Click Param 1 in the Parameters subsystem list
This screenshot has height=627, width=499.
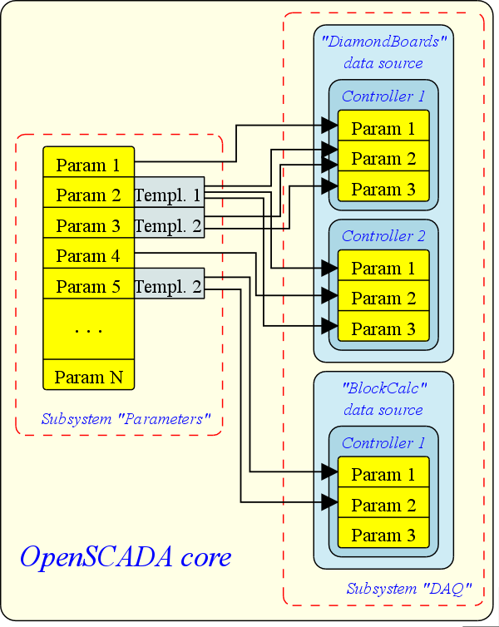88,165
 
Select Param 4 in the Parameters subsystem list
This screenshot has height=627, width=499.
88,256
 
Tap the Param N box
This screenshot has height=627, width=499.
88,377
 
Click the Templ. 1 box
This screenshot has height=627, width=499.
168,195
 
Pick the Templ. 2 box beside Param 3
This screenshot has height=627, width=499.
168,225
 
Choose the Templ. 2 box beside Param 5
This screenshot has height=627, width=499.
168,287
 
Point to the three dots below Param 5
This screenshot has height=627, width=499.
88,330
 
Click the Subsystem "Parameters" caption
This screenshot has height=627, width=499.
126,419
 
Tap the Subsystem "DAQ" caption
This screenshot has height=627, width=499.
409,589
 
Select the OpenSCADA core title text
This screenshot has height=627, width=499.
125,556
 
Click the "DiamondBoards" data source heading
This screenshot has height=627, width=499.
383,52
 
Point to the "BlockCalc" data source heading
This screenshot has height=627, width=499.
383,398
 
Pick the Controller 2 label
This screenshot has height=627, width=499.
383,236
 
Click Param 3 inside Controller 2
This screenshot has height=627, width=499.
383,328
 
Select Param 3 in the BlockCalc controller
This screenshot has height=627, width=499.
383,535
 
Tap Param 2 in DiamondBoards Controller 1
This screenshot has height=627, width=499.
383,159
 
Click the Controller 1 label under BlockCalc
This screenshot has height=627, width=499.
383,443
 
